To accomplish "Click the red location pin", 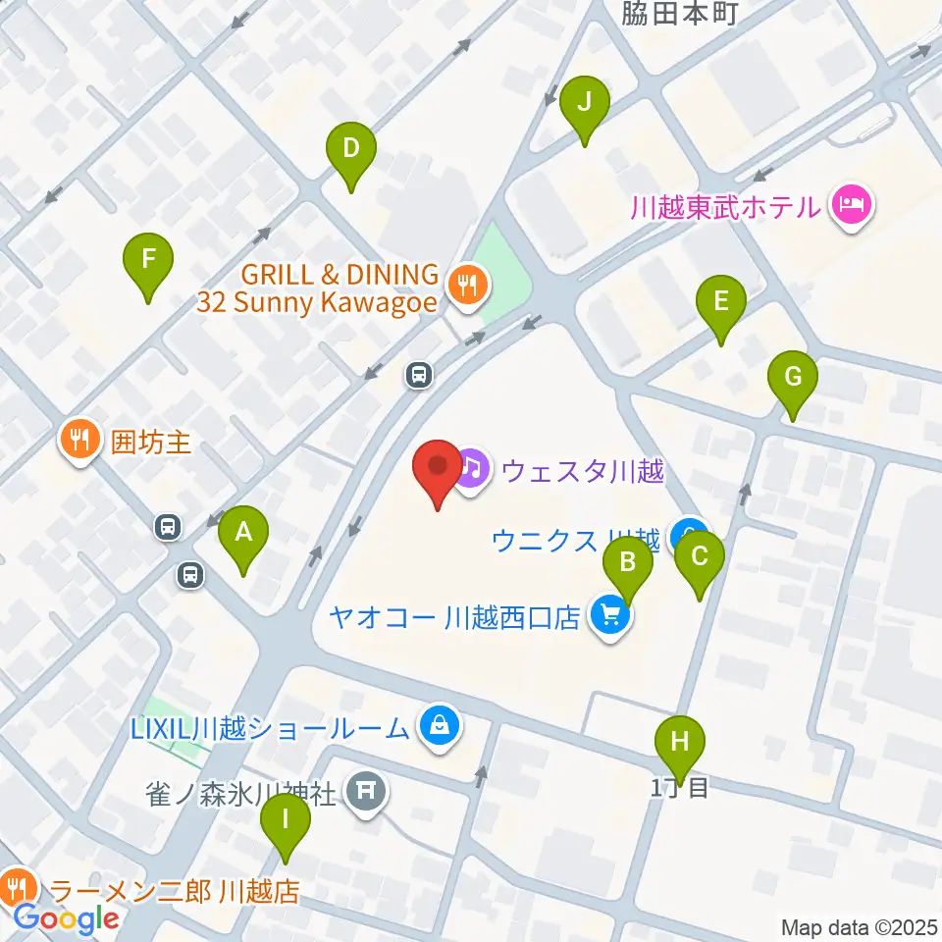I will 437,470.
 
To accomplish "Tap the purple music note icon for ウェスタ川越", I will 472,468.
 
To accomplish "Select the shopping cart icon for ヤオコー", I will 609,617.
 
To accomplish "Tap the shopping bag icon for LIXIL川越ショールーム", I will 439,727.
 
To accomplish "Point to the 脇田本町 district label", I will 679,13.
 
